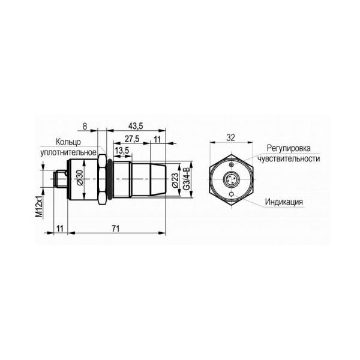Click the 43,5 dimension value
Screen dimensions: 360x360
tap(136, 126)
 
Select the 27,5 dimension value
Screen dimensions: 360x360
tap(132, 139)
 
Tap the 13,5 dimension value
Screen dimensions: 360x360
tap(122, 151)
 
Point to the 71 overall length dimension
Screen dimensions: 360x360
tap(116, 229)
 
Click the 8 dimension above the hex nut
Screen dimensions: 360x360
tap(85, 126)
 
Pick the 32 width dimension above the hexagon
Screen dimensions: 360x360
tap(231, 138)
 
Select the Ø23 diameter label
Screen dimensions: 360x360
tap(175, 180)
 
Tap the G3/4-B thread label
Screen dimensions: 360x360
tap(186, 179)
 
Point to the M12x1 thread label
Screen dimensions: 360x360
tap(39, 206)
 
